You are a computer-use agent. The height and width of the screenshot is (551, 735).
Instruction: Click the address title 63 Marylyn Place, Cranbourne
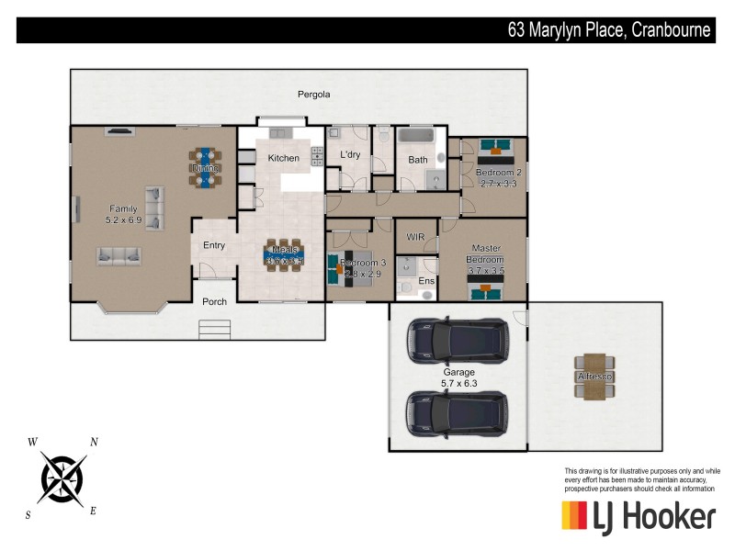point(609,30)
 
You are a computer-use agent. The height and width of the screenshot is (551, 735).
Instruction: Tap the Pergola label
point(313,95)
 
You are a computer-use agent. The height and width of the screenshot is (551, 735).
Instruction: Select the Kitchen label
point(283,158)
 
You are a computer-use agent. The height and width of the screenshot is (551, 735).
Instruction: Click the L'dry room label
point(350,154)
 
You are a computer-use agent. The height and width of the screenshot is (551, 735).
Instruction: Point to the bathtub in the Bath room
point(419,137)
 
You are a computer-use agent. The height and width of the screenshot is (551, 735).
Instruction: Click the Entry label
point(214,245)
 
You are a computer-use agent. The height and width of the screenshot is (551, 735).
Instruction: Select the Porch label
point(214,301)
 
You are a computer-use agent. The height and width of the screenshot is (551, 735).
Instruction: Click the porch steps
point(214,329)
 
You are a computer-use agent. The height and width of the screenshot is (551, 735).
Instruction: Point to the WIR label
point(414,236)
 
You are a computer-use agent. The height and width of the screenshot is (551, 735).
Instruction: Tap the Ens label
point(425,281)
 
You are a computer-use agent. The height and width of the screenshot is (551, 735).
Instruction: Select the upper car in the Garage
point(458,340)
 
